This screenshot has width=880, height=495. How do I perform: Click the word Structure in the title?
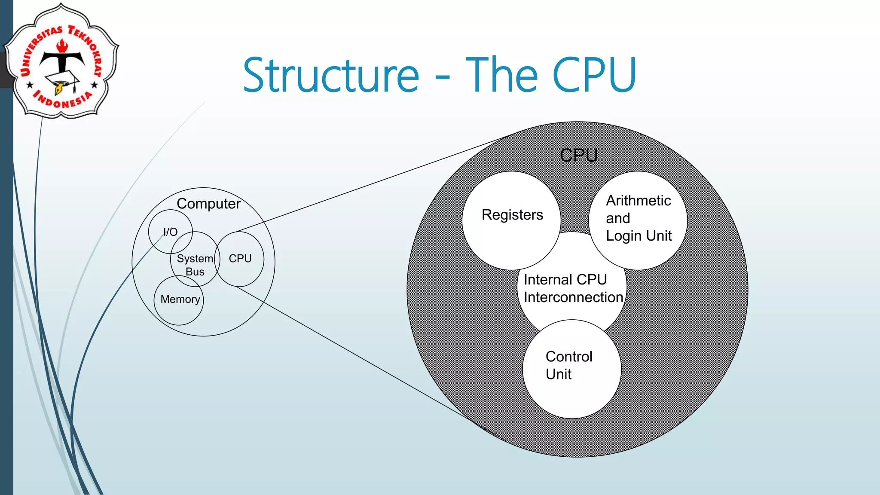[331, 76]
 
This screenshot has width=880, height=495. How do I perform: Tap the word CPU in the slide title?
[594, 76]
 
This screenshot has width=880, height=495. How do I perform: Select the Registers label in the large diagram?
[512, 215]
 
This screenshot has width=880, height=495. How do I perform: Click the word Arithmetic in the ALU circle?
[638, 201]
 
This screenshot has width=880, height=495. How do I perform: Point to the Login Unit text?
[639, 236]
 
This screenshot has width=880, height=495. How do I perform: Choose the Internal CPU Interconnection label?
[573, 288]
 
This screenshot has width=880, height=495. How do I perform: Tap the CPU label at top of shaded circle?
[578, 155]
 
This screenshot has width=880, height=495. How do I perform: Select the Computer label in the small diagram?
[208, 204]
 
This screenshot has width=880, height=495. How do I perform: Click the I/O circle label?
[170, 232]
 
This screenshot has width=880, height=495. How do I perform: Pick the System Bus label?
[195, 265]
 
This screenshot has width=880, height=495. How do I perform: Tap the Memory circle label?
[180, 299]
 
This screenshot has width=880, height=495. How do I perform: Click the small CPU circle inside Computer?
[240, 259]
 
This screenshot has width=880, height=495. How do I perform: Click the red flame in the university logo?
[63, 45]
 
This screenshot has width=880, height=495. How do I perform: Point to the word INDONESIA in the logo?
[63, 100]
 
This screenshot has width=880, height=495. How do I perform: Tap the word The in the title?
[501, 76]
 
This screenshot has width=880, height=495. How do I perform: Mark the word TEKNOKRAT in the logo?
[88, 47]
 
